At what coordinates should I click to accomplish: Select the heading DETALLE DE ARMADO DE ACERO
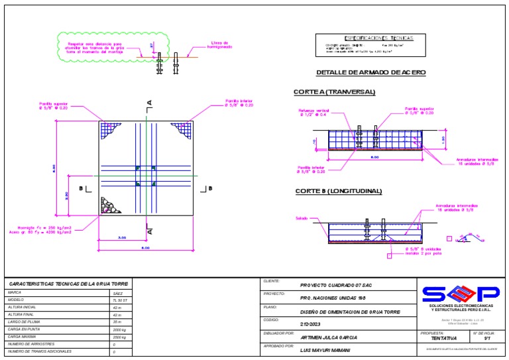(x=370, y=72)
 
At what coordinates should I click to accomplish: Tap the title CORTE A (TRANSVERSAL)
(x=335, y=91)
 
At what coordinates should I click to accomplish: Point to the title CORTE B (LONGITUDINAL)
(x=339, y=192)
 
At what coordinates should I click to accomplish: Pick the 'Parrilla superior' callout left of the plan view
(x=54, y=106)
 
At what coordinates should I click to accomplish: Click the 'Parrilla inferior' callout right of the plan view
(x=239, y=103)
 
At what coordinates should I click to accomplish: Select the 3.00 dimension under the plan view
(x=122, y=237)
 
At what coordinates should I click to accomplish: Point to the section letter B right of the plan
(x=210, y=188)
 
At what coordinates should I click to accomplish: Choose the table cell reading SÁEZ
(x=118, y=292)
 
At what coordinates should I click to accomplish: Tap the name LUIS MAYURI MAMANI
(x=325, y=349)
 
